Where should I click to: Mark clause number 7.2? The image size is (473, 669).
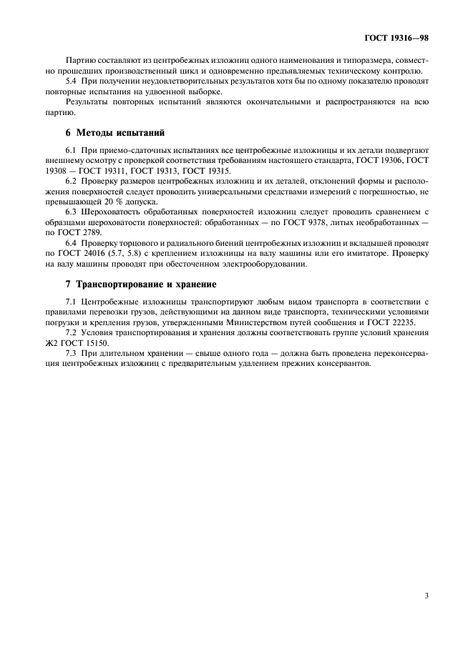tap(72, 334)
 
